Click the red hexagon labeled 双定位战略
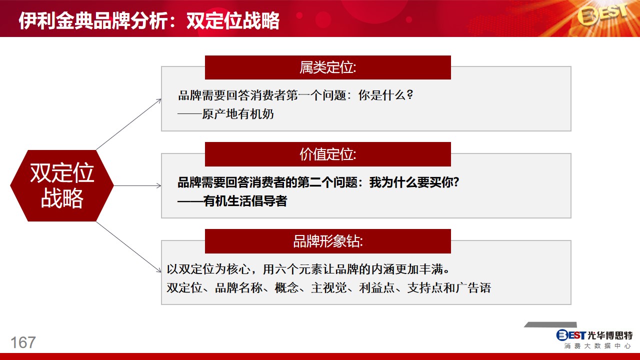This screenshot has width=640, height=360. (62, 185)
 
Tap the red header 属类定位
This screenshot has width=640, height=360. (327, 67)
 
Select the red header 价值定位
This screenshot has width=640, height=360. (327, 154)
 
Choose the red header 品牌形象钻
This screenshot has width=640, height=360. (327, 241)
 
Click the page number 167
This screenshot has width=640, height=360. (23, 342)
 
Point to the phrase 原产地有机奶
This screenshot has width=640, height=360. (237, 114)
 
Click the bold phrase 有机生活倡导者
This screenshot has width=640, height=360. (245, 201)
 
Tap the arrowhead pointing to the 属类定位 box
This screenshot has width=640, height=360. (159, 100)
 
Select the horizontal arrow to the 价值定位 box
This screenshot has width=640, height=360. (137, 185)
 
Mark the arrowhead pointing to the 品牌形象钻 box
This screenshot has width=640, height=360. (159, 270)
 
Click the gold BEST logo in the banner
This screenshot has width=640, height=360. (602, 15)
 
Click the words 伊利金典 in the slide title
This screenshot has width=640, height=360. (55, 20)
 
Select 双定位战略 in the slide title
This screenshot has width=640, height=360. (233, 20)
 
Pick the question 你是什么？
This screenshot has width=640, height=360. (385, 95)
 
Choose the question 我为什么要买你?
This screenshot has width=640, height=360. (414, 182)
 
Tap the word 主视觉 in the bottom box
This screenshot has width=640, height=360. (329, 287)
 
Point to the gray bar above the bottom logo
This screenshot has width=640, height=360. (550, 324)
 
